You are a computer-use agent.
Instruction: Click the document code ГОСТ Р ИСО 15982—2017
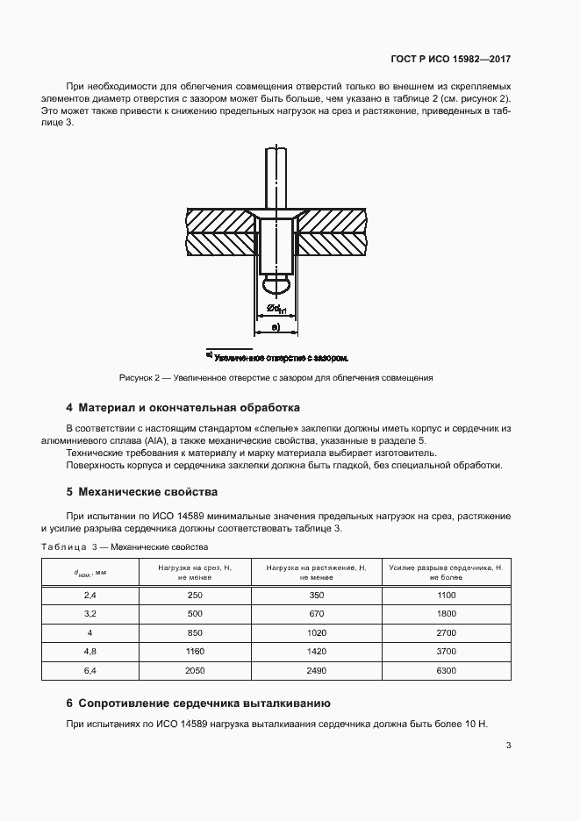(x=450, y=60)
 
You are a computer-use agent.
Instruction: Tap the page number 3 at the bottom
(x=509, y=746)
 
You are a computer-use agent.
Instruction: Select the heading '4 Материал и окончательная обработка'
(x=183, y=408)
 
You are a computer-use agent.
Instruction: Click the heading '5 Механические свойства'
(x=142, y=491)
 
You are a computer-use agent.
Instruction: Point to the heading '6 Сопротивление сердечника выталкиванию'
(x=197, y=703)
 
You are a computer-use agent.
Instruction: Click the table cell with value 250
(x=195, y=596)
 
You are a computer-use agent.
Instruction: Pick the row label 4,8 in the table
(x=90, y=651)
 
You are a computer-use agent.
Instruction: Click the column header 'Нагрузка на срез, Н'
(x=195, y=573)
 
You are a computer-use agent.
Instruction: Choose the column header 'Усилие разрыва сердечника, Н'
(x=446, y=573)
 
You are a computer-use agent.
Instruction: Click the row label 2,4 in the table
(x=90, y=596)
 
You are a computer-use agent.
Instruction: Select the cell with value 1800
(x=446, y=614)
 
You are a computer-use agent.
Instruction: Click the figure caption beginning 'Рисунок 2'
(x=276, y=378)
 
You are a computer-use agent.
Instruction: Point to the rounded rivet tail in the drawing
(x=276, y=284)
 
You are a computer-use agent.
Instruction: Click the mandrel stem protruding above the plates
(x=276, y=175)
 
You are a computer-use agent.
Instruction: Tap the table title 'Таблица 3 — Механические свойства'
(x=124, y=547)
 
